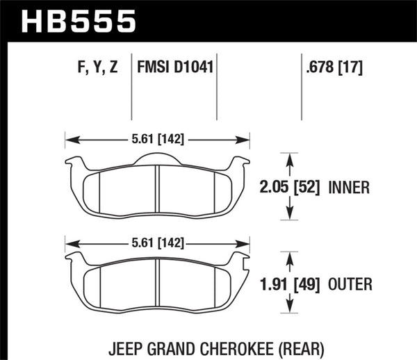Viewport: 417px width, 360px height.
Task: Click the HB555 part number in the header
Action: (79, 20)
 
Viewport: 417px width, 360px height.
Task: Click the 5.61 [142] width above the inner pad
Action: (157, 138)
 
